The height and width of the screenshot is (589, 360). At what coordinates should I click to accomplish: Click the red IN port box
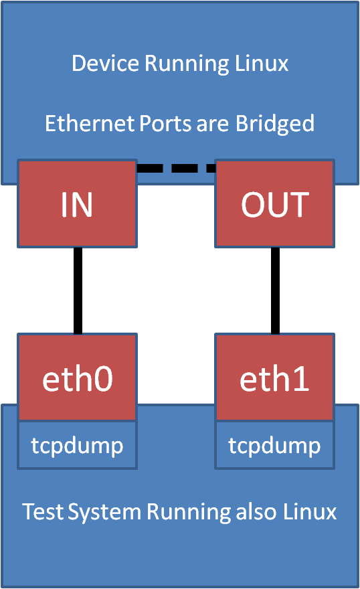(x=78, y=203)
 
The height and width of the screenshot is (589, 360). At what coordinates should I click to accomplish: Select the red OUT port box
(x=275, y=203)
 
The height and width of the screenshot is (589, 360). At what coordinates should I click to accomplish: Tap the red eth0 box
(x=78, y=378)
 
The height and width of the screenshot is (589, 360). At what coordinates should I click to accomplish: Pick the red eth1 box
(x=275, y=378)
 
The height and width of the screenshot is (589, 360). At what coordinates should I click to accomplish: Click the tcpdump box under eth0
(x=78, y=445)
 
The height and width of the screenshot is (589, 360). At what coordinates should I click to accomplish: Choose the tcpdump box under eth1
(x=275, y=445)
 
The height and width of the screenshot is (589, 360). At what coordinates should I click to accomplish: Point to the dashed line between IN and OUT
(x=176, y=168)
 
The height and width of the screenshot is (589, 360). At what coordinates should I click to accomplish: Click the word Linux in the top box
(x=262, y=64)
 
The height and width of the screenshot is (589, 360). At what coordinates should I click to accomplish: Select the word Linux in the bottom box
(x=309, y=512)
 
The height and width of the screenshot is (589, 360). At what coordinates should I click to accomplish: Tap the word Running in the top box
(x=180, y=65)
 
